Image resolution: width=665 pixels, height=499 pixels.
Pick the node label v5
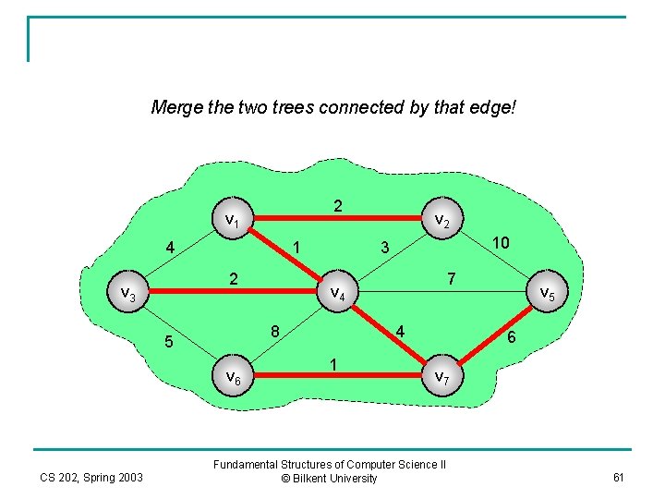[x=547, y=293]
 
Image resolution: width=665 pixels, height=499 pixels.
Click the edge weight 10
[x=501, y=242]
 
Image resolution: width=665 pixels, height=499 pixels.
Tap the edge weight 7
[x=450, y=277]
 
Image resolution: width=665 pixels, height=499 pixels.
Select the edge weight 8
[x=275, y=331]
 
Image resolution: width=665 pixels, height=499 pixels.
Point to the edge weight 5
[x=168, y=342]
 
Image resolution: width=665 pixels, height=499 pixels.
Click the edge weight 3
[x=386, y=247]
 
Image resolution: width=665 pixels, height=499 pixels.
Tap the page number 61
[x=618, y=477]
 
